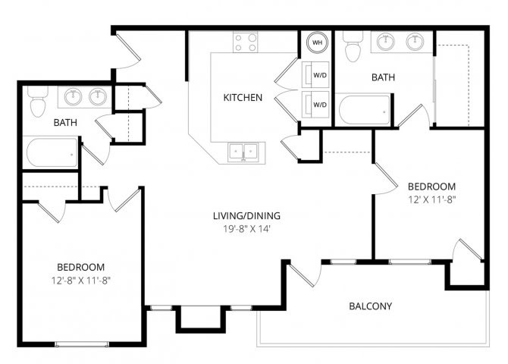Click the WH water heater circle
pyautogui.click(x=317, y=42)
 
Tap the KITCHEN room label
pyautogui.click(x=243, y=98)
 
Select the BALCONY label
pyautogui.click(x=370, y=306)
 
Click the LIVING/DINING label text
pyautogui.click(x=246, y=216)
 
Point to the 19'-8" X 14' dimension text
pyautogui.click(x=246, y=229)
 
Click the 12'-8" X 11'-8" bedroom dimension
pyautogui.click(x=81, y=281)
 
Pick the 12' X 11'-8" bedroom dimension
pyautogui.click(x=432, y=199)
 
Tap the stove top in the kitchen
pyautogui.click(x=246, y=42)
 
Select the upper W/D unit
pyautogui.click(x=315, y=75)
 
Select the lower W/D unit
pyautogui.click(x=315, y=105)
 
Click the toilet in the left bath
pyautogui.click(x=38, y=102)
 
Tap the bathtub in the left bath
pyautogui.click(x=51, y=152)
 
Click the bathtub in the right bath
pyautogui.click(x=362, y=109)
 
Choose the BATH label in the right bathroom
pyautogui.click(x=383, y=77)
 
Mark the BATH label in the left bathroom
pyautogui.click(x=65, y=123)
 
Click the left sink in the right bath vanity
pyautogui.click(x=385, y=42)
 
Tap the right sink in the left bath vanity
pyautogui.click(x=98, y=96)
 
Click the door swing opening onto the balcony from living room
pyautogui.click(x=305, y=275)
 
